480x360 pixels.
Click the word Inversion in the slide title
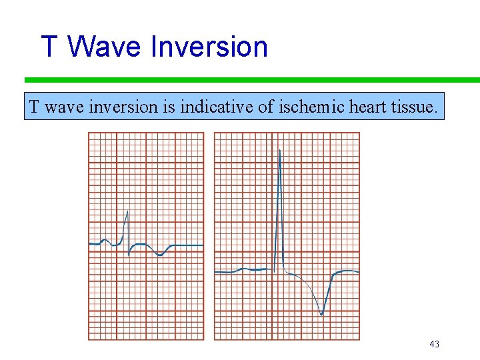[209, 47]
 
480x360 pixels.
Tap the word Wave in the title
[106, 47]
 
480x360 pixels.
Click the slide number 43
[434, 344]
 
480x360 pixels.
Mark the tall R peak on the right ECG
[280, 151]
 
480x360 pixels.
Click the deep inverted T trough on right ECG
[322, 314]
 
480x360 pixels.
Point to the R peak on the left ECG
[127, 211]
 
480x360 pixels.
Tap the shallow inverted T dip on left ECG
[160, 255]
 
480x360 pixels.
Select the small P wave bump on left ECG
[103, 239]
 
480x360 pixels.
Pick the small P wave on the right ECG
[245, 268]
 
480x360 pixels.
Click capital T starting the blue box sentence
[34, 107]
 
